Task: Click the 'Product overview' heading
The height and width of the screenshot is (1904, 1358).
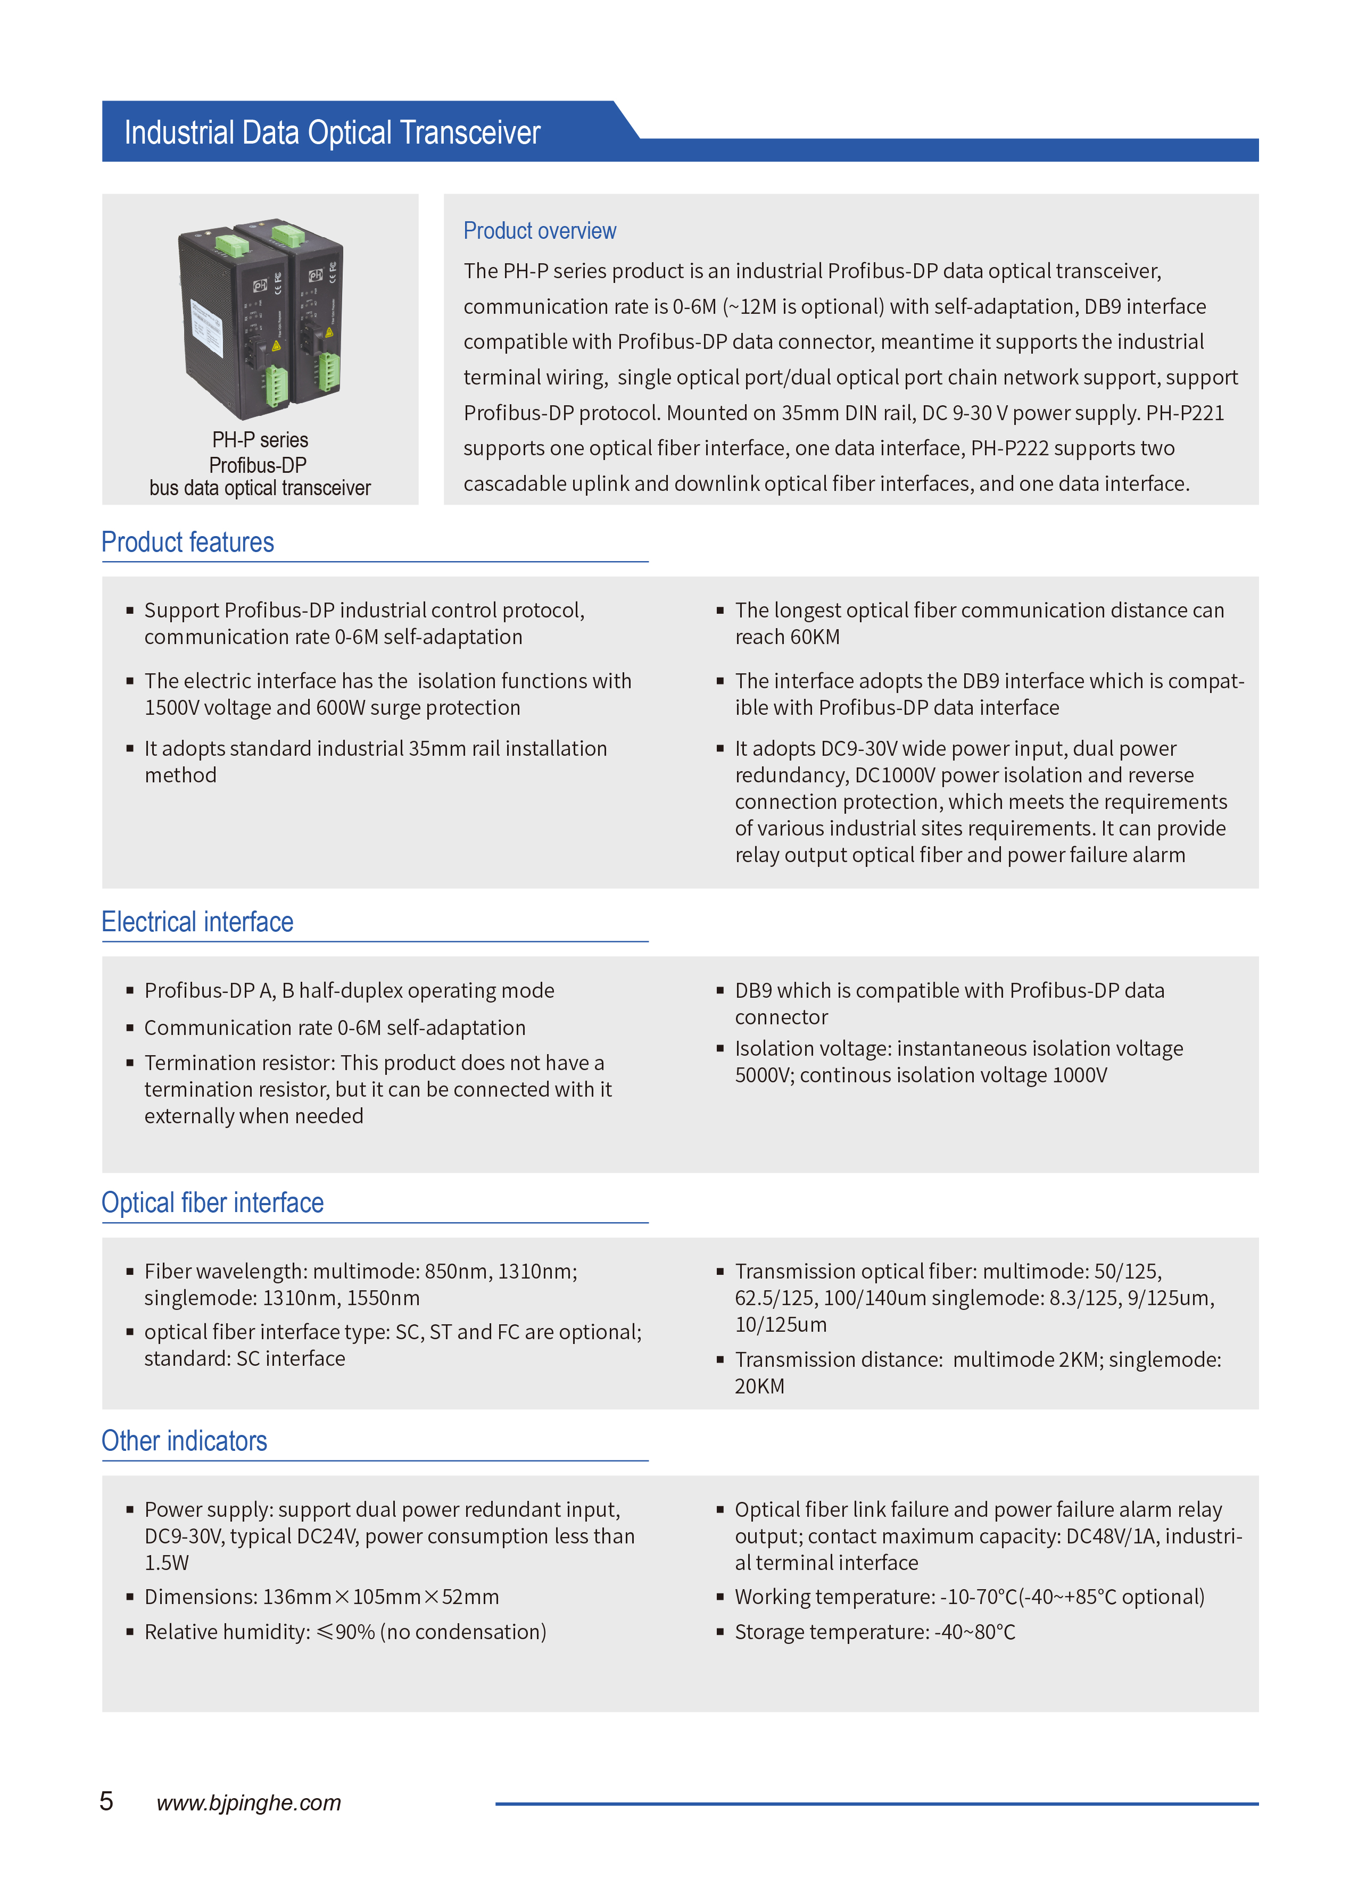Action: pos(540,231)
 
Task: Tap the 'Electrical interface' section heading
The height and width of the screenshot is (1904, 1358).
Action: pos(197,922)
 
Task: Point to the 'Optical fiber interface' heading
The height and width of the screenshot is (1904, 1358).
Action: pos(212,1202)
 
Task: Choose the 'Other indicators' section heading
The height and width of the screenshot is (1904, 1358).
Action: pos(184,1441)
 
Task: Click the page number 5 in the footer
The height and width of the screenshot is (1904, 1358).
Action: pos(106,1801)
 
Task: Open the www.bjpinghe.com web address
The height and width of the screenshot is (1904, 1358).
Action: pos(249,1803)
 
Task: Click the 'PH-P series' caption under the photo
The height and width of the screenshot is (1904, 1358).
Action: pos(260,440)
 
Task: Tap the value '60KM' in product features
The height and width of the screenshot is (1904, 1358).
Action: pos(814,637)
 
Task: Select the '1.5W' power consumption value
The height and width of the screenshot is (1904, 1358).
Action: pos(167,1563)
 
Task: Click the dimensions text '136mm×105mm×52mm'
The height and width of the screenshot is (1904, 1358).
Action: pos(380,1597)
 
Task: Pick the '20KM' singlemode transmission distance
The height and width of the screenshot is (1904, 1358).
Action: pos(759,1387)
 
